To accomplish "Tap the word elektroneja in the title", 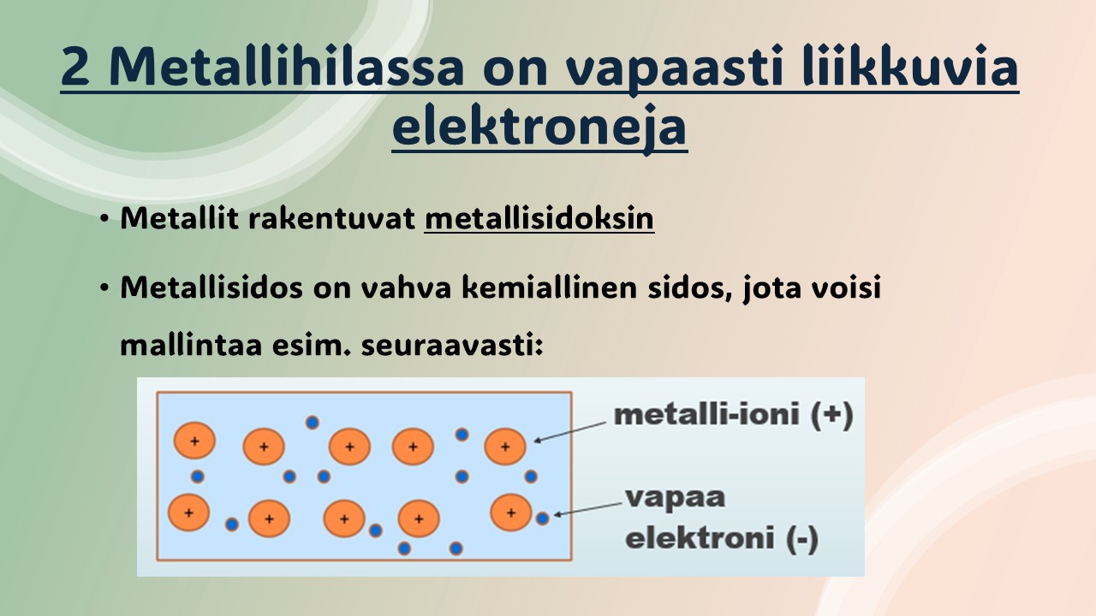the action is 539,127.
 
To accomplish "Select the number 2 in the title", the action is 77,68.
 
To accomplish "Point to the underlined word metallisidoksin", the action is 539,218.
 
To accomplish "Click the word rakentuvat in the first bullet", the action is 331,218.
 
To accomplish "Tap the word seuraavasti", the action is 452,345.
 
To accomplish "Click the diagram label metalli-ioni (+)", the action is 734,414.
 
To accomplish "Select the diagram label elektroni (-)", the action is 722,538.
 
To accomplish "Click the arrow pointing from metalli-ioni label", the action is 570,432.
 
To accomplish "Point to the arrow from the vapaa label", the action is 587,509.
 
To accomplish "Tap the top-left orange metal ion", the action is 194,441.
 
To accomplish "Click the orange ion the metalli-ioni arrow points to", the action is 505,447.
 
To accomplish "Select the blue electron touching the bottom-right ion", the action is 542,518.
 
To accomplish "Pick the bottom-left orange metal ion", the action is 189,512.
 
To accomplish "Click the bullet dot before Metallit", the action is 104,218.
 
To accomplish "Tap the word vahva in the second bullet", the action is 406,287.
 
